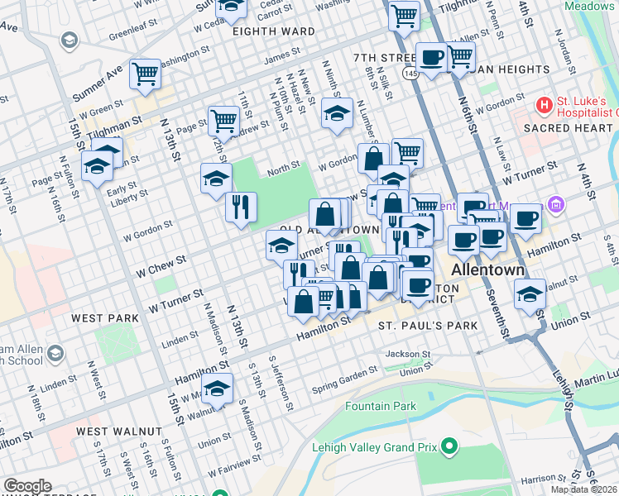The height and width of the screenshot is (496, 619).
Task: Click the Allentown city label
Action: pyautogui.click(x=487, y=271)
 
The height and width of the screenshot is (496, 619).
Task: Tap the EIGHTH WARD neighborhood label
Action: pyautogui.click(x=273, y=31)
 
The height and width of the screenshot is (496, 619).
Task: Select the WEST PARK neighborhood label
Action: pyautogui.click(x=105, y=318)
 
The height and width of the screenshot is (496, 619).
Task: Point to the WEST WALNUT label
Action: pyautogui.click(x=119, y=432)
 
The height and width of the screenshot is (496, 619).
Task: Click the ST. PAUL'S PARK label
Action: pyautogui.click(x=428, y=326)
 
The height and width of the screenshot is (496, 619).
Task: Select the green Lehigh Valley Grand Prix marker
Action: pyautogui.click(x=449, y=447)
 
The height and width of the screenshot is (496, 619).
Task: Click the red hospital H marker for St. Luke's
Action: pyautogui.click(x=544, y=105)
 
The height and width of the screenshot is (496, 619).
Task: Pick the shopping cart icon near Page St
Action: pyautogui.click(x=223, y=121)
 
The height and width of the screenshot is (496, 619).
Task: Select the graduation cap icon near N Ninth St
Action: pyautogui.click(x=337, y=113)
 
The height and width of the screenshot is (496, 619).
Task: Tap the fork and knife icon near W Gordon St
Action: pyautogui.click(x=241, y=207)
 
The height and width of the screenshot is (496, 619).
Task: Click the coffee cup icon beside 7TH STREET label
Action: pyautogui.click(x=431, y=58)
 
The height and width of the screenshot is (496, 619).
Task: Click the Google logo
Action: pyautogui.click(x=27, y=486)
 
